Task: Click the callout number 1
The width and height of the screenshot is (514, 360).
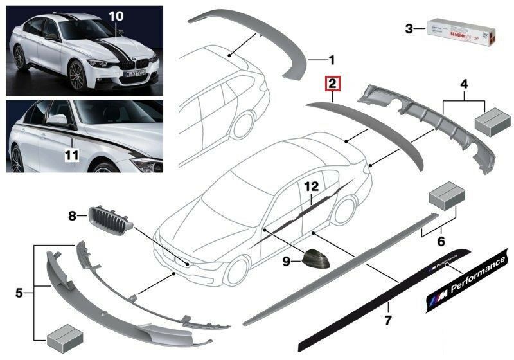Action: point(332,61)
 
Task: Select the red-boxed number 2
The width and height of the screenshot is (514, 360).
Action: point(332,84)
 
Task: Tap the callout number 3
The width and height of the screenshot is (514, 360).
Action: point(409,28)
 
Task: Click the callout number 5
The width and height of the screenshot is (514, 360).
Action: point(20,294)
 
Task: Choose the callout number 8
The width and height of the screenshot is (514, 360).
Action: point(73,217)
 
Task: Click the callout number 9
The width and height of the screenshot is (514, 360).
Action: point(288,260)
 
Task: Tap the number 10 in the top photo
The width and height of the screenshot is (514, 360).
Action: point(115,14)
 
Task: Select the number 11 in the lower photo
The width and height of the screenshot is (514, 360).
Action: point(73,155)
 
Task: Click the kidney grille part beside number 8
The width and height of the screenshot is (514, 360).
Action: point(110,221)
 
